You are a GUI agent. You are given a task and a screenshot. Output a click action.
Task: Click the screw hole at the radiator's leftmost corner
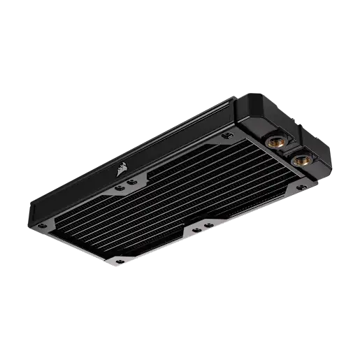[49, 225]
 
